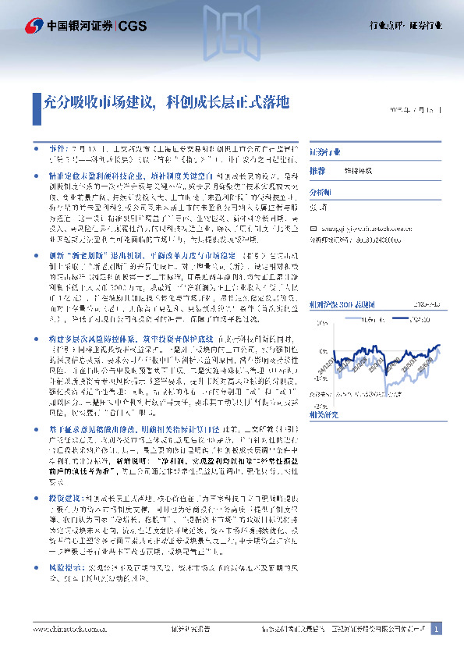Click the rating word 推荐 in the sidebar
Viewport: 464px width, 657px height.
[x=317, y=170]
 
